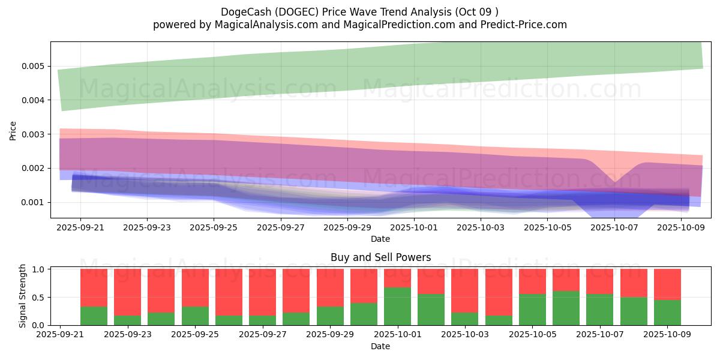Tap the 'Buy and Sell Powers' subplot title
[x=380, y=257]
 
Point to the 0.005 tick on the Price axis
[x=34, y=66]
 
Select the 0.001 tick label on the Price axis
[x=34, y=202]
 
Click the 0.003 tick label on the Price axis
[x=34, y=134]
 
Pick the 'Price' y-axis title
[x=13, y=130]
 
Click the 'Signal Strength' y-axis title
[x=23, y=296]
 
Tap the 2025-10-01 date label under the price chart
[x=413, y=228]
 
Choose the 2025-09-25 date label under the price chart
[x=214, y=228]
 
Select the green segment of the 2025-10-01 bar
[x=397, y=306]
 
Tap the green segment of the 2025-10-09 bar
[x=667, y=313]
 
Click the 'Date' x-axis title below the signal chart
[x=380, y=346]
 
